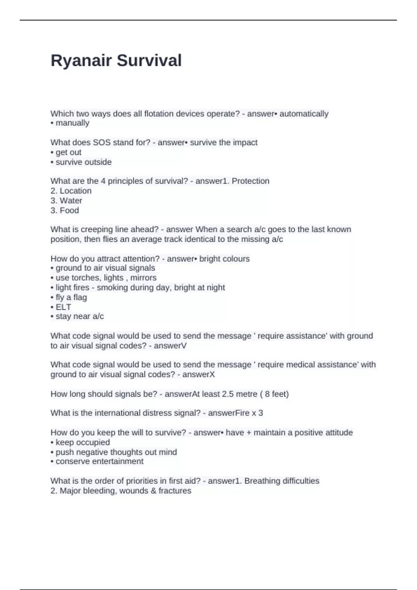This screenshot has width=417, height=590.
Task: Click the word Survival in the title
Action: click(149, 61)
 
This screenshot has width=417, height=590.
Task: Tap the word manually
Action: click(72, 123)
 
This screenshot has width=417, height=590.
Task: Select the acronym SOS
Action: click(101, 143)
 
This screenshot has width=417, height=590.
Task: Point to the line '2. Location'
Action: click(71, 191)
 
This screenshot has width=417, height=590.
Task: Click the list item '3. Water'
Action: click(66, 201)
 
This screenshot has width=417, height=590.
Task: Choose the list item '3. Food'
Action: click(65, 210)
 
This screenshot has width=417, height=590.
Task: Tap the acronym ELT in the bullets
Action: click(63, 307)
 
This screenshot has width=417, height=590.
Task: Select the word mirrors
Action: click(143, 278)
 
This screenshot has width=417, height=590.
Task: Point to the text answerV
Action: click(170, 346)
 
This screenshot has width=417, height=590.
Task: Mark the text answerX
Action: click(198, 374)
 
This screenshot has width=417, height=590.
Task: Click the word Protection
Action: click(250, 181)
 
